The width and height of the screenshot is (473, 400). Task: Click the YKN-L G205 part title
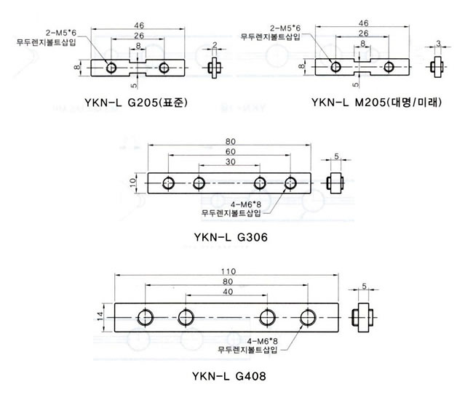pos(136,103)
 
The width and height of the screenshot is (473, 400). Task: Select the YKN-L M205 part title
pos(376,103)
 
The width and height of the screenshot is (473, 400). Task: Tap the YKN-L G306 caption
pos(231,237)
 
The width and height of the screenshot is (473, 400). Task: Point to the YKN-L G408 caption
pos(229,376)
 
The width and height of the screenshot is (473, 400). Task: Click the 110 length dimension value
pos(228,271)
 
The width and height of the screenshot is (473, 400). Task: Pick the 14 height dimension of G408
pos(100,316)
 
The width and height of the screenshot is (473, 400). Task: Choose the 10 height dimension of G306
pos(132,183)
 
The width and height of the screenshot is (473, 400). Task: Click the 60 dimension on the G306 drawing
pos(231,151)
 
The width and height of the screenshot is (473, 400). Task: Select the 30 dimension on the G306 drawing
pos(231,162)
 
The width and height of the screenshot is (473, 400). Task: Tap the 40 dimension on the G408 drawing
pos(228,292)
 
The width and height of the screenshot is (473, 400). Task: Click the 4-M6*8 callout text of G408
pos(262,341)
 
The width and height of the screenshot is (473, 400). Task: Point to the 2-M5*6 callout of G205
pos(61,33)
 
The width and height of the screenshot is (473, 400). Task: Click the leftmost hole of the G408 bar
pos(146,318)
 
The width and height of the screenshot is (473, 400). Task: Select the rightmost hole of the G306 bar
pos(290,183)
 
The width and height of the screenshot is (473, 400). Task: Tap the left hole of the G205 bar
pos(111,68)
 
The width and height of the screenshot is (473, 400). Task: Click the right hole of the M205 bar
pos(389,67)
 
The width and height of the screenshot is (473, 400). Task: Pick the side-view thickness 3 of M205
pos(438,43)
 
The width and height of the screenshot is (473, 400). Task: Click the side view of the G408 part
pos(363,317)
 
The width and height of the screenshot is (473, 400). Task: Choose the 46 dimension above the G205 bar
pos(139,25)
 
